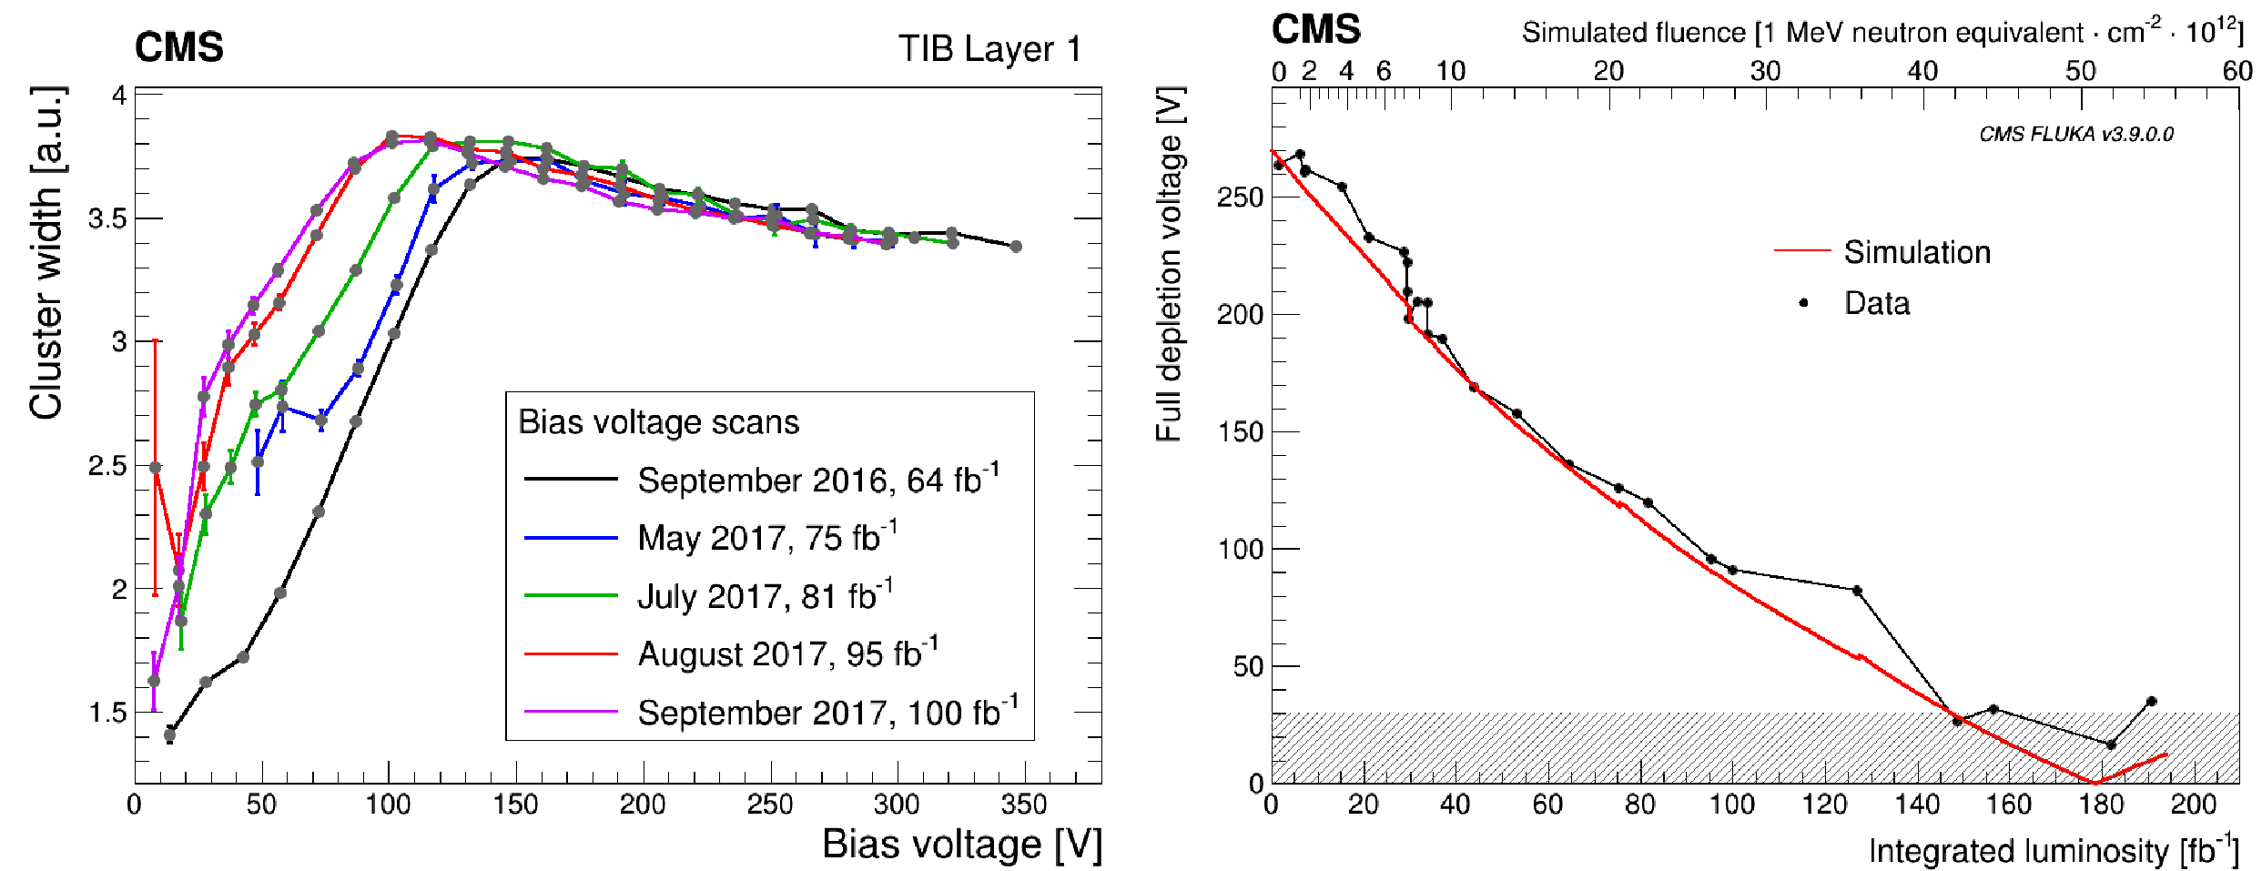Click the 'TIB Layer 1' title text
tap(989, 49)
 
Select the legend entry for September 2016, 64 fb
tap(817, 480)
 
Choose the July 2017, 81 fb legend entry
tap(764, 596)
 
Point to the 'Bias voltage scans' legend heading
tap(658, 422)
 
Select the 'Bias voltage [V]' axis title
tap(961, 845)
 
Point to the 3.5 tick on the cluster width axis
tap(107, 218)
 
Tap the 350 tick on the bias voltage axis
tap(1024, 805)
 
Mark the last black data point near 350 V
tap(1016, 247)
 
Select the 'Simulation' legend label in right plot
tap(1917, 252)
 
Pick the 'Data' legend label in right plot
tap(1876, 303)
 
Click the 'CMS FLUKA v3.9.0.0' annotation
tap(2075, 135)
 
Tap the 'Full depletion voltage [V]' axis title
tap(1170, 264)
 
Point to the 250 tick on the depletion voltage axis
tap(1240, 197)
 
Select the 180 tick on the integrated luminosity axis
tap(2101, 805)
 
